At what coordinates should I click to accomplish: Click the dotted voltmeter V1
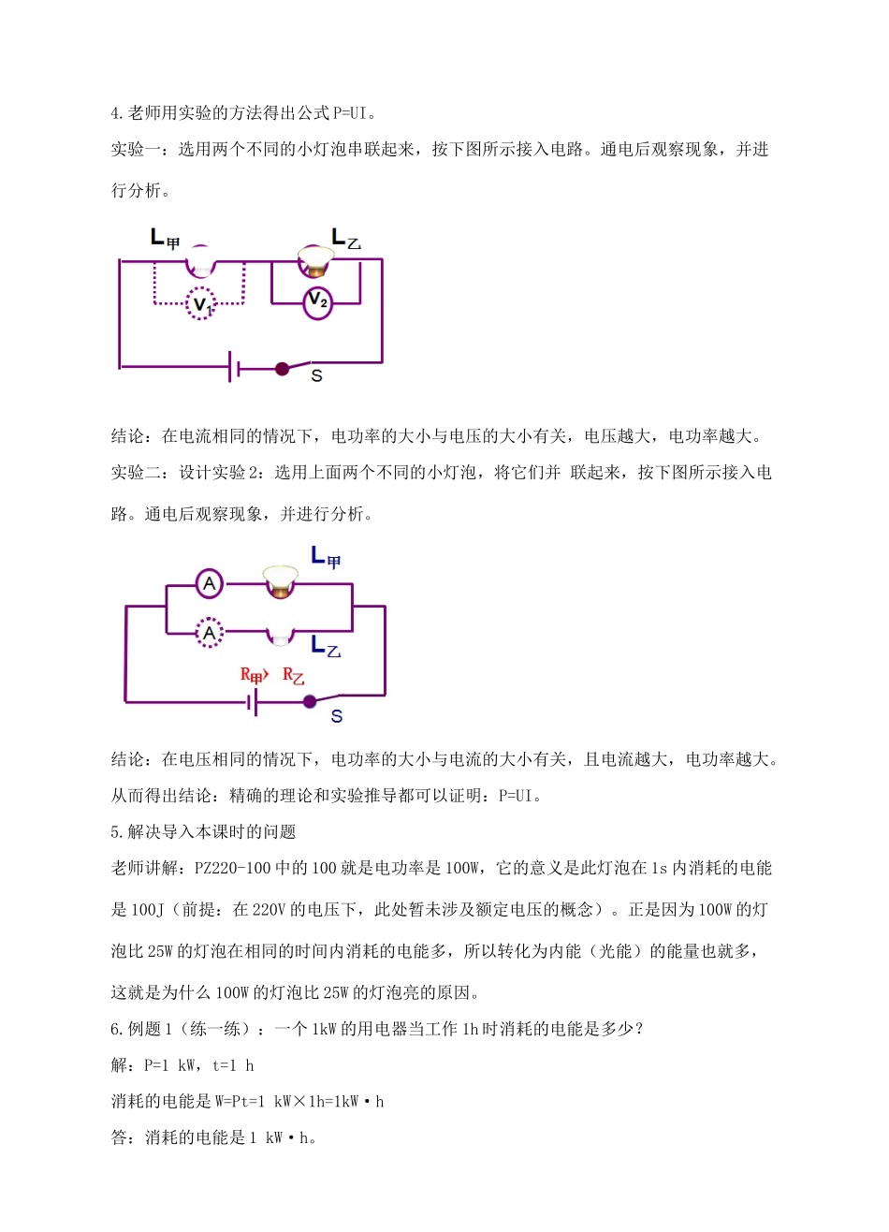tap(200, 304)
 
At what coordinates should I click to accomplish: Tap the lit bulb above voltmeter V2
tap(315, 261)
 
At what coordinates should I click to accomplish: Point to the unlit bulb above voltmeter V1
tap(200, 261)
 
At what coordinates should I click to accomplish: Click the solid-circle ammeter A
tap(210, 584)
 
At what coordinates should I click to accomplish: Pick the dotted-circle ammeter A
tap(210, 633)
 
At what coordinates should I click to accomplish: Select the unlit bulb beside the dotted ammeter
tap(279, 634)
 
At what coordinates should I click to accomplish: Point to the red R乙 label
tap(293, 676)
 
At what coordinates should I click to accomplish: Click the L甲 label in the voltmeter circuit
tap(165, 239)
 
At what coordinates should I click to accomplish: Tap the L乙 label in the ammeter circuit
tap(326, 646)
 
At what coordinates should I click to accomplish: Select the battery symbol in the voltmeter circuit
tap(234, 368)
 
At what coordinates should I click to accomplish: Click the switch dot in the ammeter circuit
tap(310, 700)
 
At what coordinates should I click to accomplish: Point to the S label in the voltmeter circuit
tap(316, 376)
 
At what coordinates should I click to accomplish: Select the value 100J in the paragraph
tap(147, 910)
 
